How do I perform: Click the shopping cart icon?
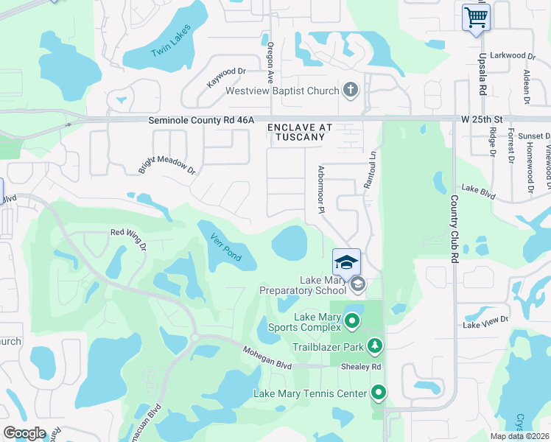tap(477, 16)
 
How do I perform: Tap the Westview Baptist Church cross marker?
tap(351, 91)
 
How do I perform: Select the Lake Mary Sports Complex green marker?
tap(352, 320)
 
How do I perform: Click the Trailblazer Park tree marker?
tap(375, 345)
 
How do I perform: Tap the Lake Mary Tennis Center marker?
tap(379, 393)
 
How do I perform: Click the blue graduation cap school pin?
tap(347, 262)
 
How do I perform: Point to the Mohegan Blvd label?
tap(268, 354)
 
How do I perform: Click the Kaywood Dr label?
tap(225, 77)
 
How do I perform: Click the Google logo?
tap(25, 433)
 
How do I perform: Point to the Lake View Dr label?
tap(485, 320)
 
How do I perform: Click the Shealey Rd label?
tap(360, 366)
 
